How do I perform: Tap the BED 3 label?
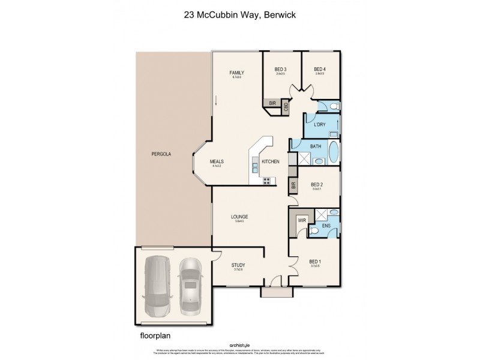(x=280, y=70)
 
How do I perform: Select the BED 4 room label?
(x=320, y=70)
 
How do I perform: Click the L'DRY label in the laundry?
(x=319, y=124)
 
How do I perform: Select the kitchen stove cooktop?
(x=266, y=181)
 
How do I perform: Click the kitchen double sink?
(x=255, y=166)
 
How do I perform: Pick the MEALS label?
(x=217, y=161)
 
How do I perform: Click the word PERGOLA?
(x=161, y=154)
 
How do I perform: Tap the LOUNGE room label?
(x=240, y=217)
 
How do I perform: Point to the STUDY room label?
(x=238, y=265)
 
